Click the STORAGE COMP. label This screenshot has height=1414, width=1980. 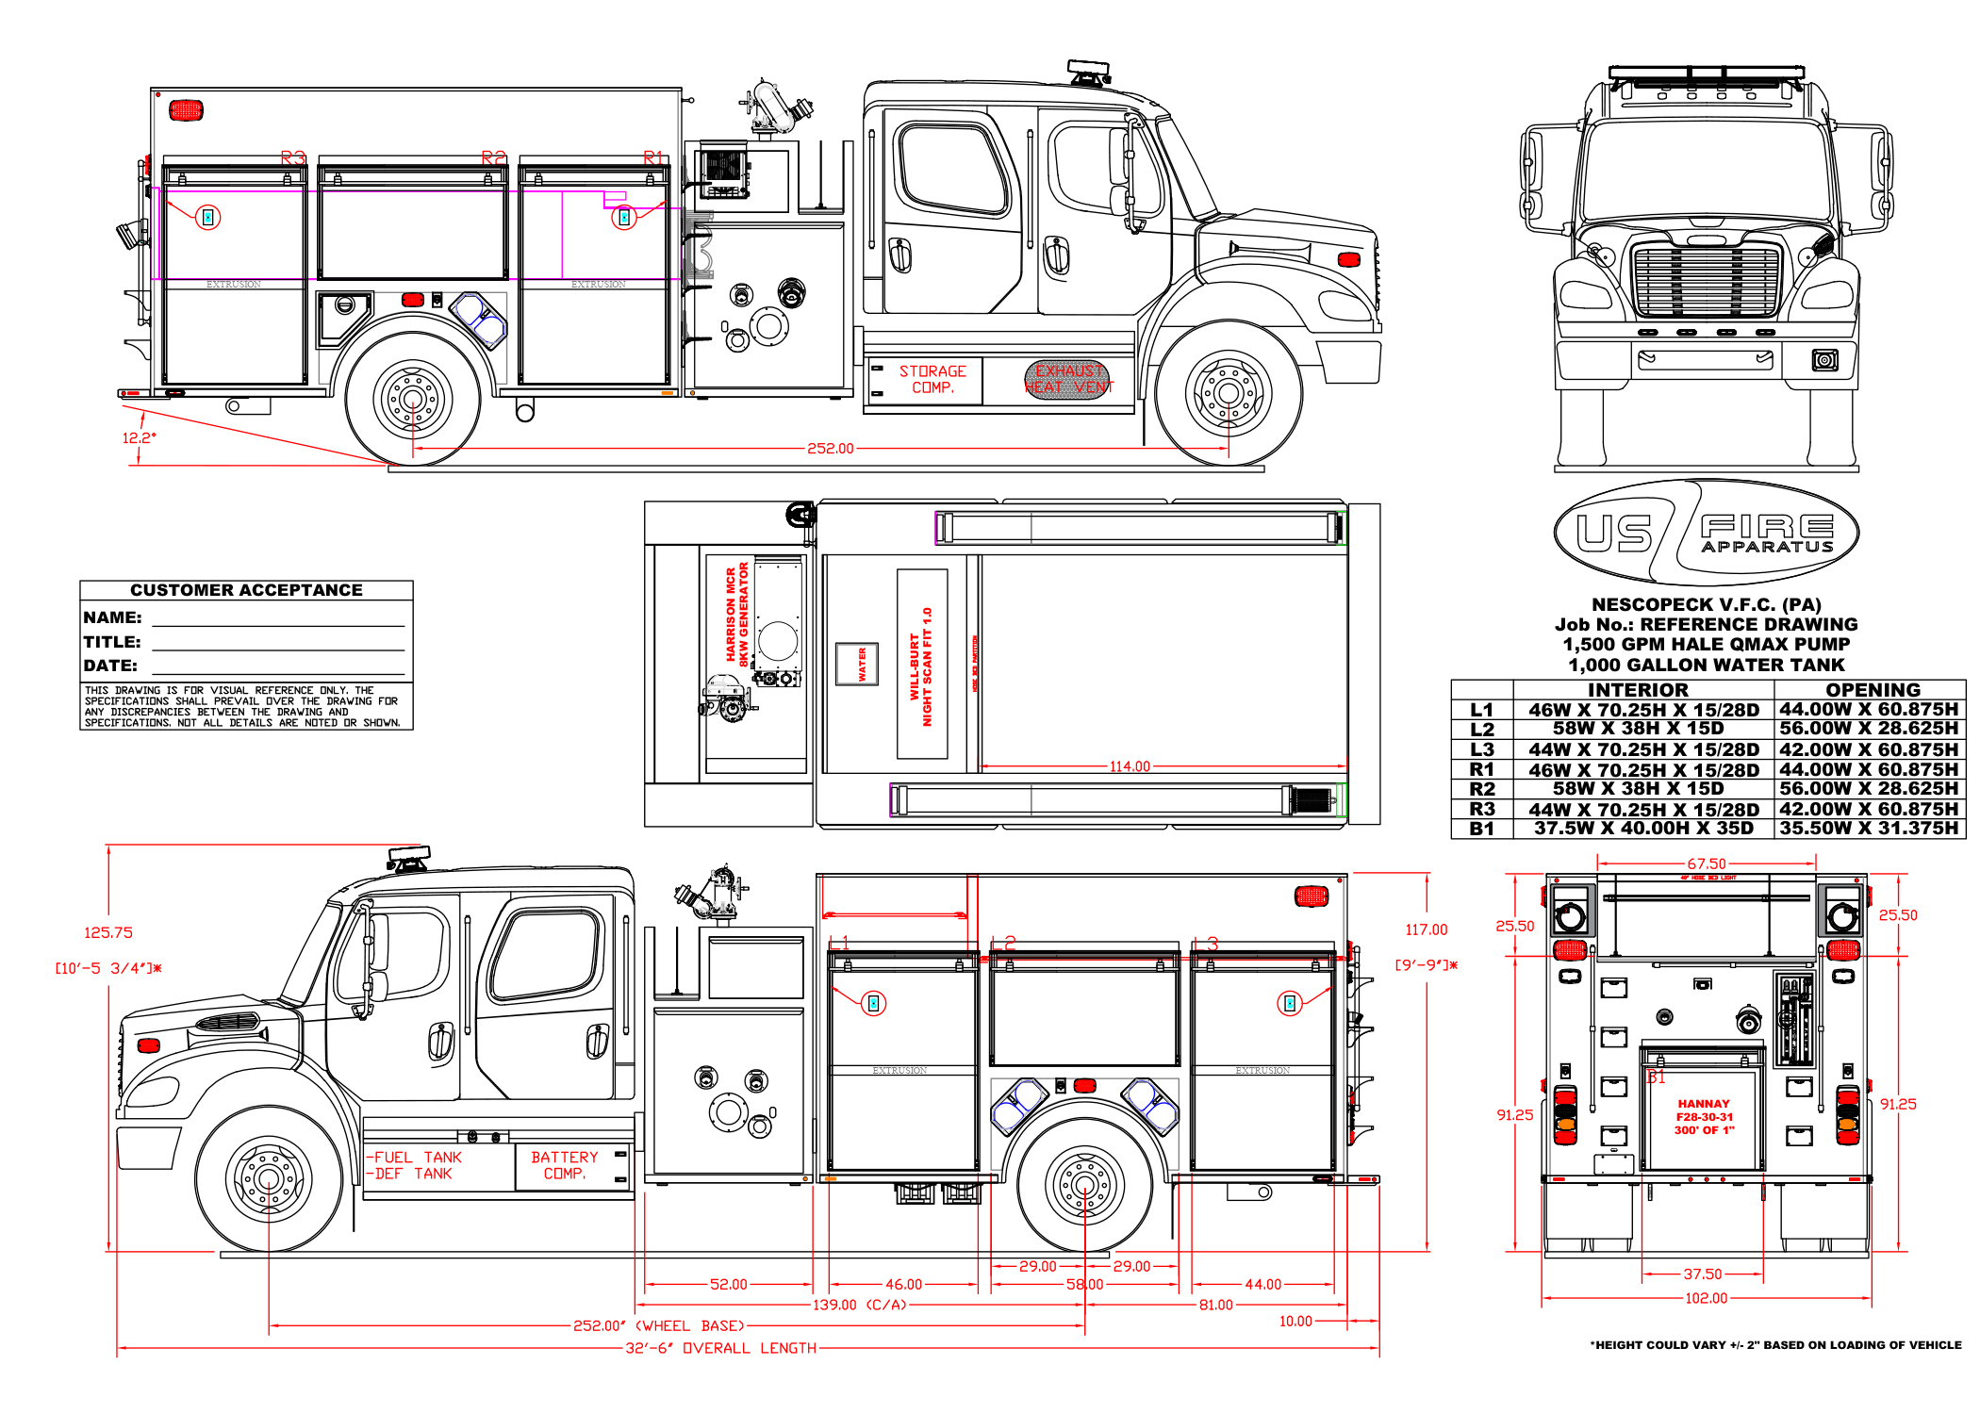tap(932, 379)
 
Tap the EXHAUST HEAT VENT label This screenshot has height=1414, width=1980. tap(1068, 379)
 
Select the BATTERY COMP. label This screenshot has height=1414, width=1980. tap(564, 1165)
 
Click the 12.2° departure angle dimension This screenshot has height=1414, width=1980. tap(139, 437)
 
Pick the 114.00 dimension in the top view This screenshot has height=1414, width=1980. tap(1130, 766)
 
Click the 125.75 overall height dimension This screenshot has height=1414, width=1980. tap(108, 932)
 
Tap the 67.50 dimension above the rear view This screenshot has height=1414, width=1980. tap(1707, 863)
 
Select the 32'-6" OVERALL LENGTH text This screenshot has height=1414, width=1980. tap(721, 1348)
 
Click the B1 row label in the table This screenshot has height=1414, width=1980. tap(1481, 829)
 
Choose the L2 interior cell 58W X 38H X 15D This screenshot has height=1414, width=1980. tap(1639, 729)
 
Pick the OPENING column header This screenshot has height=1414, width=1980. tap(1873, 690)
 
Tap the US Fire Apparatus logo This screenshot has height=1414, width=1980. tap(1707, 533)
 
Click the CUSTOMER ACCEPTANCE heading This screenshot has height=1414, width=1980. tap(246, 590)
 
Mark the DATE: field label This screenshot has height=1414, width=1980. tap(110, 666)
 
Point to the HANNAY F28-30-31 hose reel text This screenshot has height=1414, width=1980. tap(1704, 1116)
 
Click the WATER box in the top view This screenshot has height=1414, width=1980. tap(857, 664)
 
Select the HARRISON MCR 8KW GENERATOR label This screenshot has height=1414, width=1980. tap(736, 615)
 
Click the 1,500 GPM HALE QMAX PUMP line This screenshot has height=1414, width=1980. tap(1706, 644)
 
